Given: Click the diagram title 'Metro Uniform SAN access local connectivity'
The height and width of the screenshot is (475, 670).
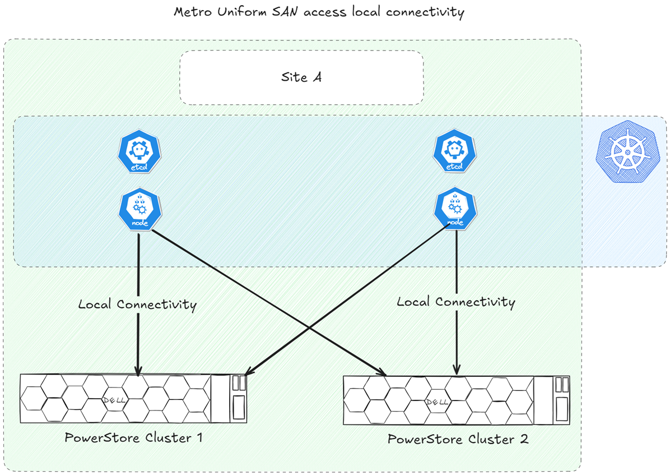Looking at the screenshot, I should (x=319, y=12).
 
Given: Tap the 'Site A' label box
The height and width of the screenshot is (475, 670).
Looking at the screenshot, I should (x=301, y=77).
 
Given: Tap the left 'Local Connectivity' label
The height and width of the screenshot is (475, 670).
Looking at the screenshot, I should (x=137, y=305).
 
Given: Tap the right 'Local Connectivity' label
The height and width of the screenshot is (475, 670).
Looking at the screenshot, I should (x=455, y=302).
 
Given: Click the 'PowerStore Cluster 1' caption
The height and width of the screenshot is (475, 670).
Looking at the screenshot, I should (x=133, y=437).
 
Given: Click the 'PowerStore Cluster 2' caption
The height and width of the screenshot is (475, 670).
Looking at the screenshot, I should (x=458, y=439).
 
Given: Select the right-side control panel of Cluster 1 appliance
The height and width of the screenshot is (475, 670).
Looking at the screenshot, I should (x=238, y=398).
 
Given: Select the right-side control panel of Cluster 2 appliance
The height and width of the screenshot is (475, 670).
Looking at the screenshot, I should (x=560, y=399).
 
